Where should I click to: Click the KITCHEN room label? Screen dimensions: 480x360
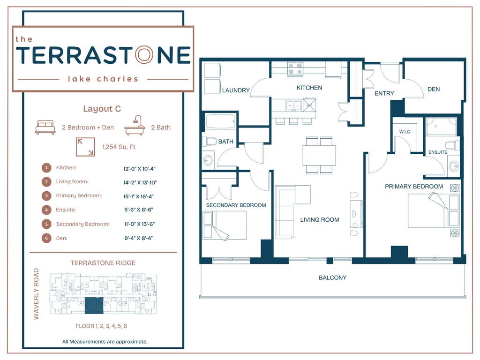(309, 88)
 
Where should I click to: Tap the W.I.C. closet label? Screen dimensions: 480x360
(405, 132)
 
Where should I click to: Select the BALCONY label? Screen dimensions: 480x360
(332, 277)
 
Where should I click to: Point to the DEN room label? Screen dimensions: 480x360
(434, 89)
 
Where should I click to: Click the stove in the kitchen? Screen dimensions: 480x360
(295, 69)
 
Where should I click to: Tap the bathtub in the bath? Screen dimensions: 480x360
(221, 121)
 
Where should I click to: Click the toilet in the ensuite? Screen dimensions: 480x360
(452, 146)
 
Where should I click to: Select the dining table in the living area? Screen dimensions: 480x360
(319, 156)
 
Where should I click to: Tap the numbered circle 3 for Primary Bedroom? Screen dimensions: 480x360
(46, 196)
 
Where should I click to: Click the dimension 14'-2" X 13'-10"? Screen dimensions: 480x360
(140, 183)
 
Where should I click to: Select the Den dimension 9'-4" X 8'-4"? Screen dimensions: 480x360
(138, 238)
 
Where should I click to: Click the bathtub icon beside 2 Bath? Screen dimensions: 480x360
(135, 126)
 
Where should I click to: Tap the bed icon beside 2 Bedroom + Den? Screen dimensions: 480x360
(45, 127)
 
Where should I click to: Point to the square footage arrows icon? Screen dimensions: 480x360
(85, 147)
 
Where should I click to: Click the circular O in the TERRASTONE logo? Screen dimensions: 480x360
(144, 55)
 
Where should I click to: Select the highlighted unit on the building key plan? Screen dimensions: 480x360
(94, 306)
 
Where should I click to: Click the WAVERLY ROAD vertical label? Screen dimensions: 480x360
(36, 294)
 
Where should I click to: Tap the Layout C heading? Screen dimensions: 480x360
(102, 109)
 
